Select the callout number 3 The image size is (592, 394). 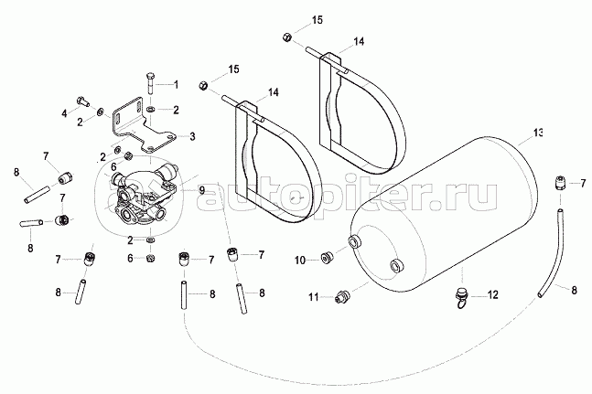pyautogui.click(x=193, y=136)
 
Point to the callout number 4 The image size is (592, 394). pyautogui.click(x=64, y=113)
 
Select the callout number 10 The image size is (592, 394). pyautogui.click(x=299, y=261)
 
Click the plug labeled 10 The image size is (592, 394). pyautogui.click(x=327, y=257)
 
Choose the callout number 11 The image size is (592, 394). pyautogui.click(x=312, y=297)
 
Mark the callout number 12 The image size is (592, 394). pyautogui.click(x=493, y=295)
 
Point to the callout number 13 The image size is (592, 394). pyautogui.click(x=538, y=133)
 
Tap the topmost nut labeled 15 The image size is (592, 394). pyautogui.click(x=286, y=37)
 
